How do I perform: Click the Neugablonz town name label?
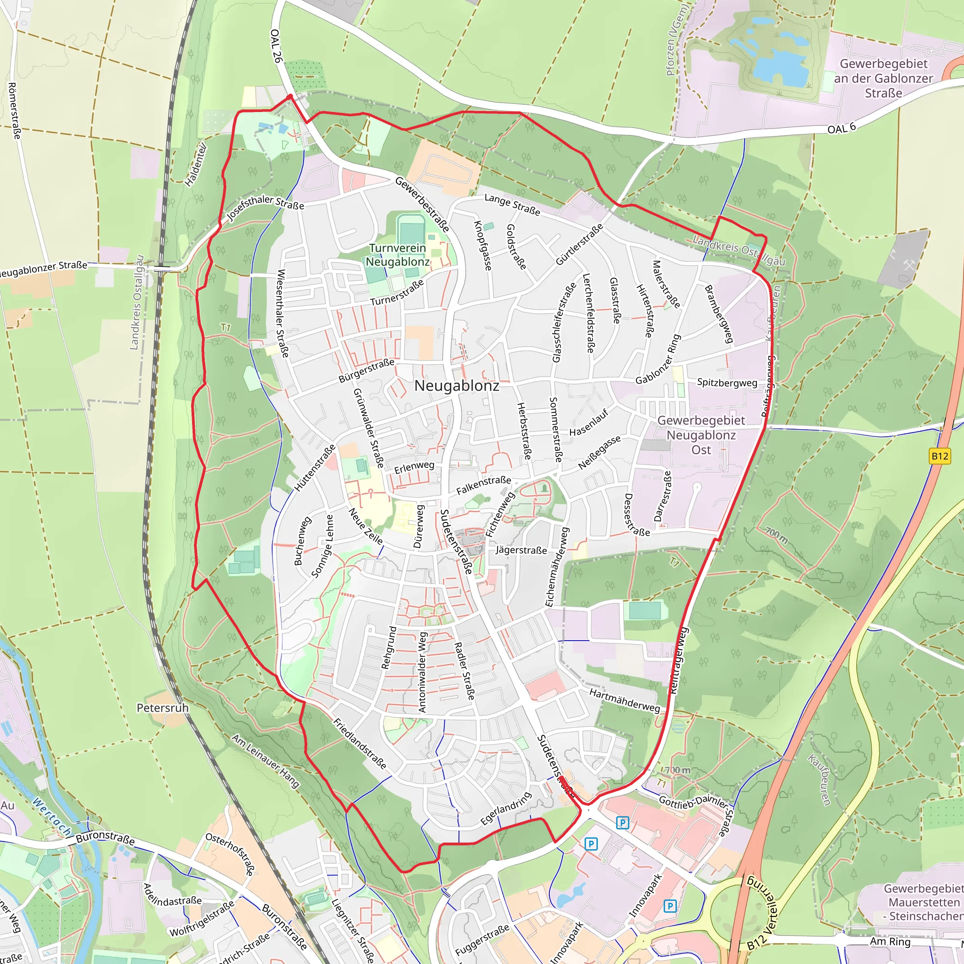pyautogui.click(x=457, y=386)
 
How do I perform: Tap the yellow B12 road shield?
pyautogui.click(x=940, y=456)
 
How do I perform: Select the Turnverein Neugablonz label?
pyautogui.click(x=398, y=255)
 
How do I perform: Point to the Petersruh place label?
pyautogui.click(x=163, y=708)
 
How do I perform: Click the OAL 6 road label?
pyautogui.click(x=841, y=128)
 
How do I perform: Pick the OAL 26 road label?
pyautogui.click(x=276, y=46)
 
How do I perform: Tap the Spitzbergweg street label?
pyautogui.click(x=726, y=383)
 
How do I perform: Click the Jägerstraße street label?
pyautogui.click(x=521, y=550)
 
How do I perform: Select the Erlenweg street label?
pyautogui.click(x=414, y=467)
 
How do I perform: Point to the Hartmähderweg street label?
pyautogui.click(x=624, y=701)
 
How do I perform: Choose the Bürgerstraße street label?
pyautogui.click(x=366, y=371)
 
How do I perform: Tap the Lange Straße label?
pyautogui.click(x=512, y=205)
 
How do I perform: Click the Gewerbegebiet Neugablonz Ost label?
pyautogui.click(x=700, y=435)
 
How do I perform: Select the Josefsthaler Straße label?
pyautogui.click(x=265, y=207)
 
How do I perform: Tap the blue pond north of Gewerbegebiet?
pyautogui.click(x=779, y=67)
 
